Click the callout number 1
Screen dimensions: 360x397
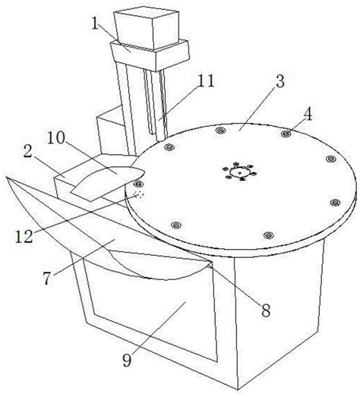(95, 24)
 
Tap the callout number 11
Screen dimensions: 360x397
(206, 80)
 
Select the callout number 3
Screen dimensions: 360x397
(280, 81)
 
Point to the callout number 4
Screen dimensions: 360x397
(308, 114)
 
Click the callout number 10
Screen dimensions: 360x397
(56, 138)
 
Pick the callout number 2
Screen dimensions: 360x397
(28, 151)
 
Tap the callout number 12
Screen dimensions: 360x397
(24, 237)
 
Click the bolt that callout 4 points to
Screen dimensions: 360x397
(286, 134)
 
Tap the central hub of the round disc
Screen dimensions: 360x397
(239, 172)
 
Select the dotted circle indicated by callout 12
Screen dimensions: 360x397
(139, 194)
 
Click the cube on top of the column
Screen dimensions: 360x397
(147, 27)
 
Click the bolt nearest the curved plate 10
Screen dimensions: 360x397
(137, 183)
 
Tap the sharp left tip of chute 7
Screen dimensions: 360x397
(5, 177)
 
